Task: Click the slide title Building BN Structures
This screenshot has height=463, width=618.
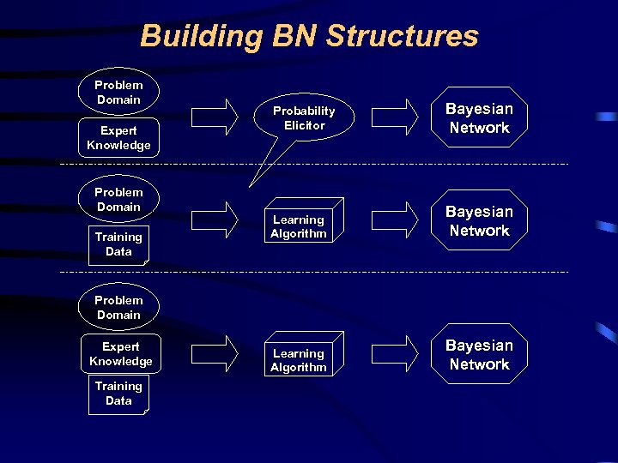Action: [309, 36]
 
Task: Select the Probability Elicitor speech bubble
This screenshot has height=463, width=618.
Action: [304, 118]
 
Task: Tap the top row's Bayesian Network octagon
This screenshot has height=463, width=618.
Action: [479, 118]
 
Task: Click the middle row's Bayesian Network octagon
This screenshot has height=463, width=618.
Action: [479, 221]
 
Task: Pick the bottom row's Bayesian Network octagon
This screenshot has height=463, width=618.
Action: [479, 355]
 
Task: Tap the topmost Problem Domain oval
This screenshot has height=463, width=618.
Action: [118, 93]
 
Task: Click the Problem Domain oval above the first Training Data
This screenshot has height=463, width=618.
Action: [118, 200]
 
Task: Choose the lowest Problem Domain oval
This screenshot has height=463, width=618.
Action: [118, 308]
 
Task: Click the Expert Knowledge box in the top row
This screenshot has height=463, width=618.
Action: [118, 138]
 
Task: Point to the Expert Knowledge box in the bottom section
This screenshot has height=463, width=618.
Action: [120, 354]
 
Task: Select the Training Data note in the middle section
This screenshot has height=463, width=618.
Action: [118, 244]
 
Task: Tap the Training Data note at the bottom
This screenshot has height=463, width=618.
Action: [118, 394]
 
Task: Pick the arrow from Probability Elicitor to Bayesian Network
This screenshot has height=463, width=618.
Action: [396, 117]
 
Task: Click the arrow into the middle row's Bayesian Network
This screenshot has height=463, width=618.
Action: [396, 219]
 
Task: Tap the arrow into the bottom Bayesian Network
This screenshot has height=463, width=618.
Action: [396, 353]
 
